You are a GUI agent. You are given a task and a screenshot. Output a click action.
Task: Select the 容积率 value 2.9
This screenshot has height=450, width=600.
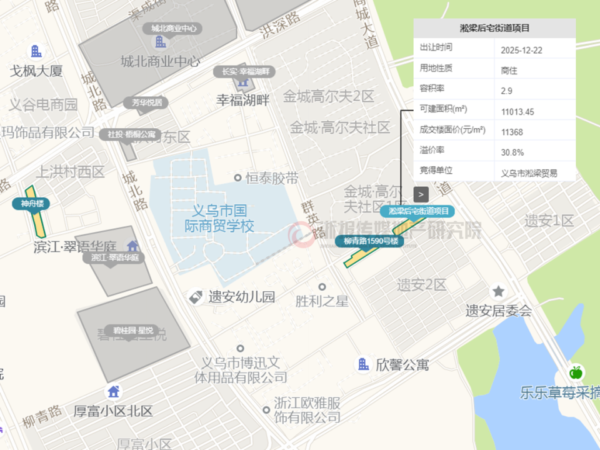point(507,91)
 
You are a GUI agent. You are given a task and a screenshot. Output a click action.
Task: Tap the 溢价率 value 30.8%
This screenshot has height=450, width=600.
point(512,152)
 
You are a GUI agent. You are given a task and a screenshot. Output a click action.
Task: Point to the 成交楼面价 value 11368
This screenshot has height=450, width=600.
point(512,131)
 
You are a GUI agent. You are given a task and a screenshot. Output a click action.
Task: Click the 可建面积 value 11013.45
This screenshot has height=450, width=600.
point(517,112)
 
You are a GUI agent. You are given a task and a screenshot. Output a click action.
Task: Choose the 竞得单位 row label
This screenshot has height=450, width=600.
point(436,171)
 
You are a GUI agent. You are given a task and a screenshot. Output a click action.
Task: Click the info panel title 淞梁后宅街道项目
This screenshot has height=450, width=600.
point(494,28)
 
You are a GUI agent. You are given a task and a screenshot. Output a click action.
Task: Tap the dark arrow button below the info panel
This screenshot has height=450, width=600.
point(421,194)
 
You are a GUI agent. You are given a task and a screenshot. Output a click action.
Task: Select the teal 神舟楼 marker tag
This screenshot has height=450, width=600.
point(31,203)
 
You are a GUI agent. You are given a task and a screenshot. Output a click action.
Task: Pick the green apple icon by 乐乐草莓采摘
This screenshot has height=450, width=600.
point(576,372)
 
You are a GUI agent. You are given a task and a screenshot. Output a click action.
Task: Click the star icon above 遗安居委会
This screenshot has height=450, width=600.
point(498,291)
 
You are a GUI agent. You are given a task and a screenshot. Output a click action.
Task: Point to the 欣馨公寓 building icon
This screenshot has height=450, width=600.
point(363,364)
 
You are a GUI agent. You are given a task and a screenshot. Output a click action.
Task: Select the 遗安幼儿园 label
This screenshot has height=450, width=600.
point(241,297)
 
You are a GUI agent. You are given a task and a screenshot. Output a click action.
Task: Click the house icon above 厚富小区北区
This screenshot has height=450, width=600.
point(113,392)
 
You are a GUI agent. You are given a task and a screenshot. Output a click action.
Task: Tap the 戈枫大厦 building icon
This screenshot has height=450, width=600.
point(36,51)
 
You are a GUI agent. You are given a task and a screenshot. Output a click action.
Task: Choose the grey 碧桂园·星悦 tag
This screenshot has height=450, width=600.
point(132,329)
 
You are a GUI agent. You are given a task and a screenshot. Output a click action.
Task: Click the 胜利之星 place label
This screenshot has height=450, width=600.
point(322,301)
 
